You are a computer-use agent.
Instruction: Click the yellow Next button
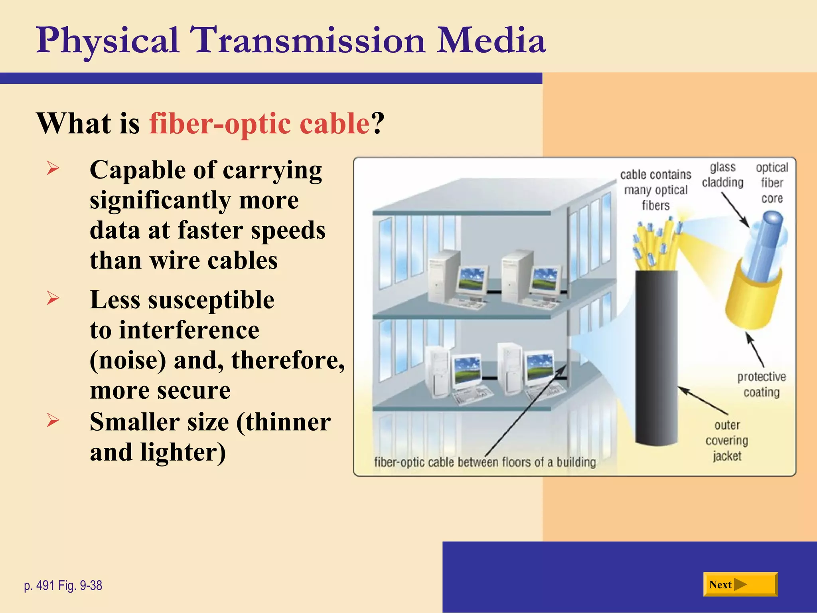tap(740, 584)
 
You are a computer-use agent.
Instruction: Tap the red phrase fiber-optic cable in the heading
tap(260, 123)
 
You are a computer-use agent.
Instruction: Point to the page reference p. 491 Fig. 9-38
tap(63, 585)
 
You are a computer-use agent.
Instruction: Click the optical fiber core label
tap(772, 183)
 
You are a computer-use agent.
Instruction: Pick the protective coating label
tap(761, 384)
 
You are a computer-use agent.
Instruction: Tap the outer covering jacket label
tap(727, 441)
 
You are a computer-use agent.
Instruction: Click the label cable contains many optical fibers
tap(655, 190)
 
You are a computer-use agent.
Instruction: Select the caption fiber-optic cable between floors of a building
tap(485, 462)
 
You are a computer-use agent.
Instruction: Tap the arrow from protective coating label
tap(755, 350)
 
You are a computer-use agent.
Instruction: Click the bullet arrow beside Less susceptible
tap(53, 298)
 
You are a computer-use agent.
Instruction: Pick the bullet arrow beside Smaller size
tap(53, 420)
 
